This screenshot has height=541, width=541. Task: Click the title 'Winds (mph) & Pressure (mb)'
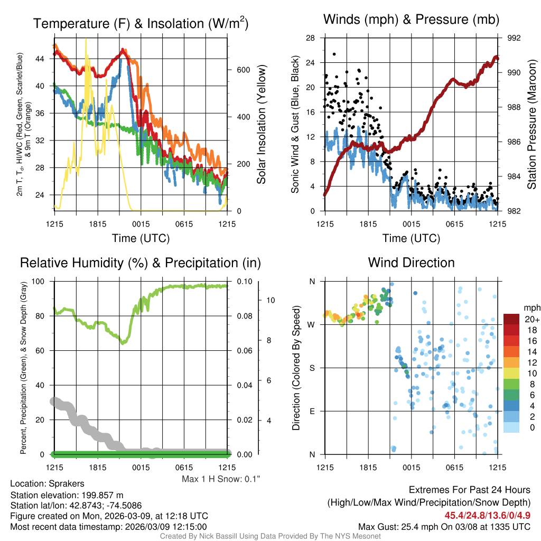pyautogui.click(x=412, y=20)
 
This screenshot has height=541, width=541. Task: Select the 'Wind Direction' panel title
pyautogui.click(x=412, y=263)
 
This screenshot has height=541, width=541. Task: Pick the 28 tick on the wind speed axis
pyautogui.click(x=311, y=38)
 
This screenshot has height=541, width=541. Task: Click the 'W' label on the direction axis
pyautogui.click(x=312, y=324)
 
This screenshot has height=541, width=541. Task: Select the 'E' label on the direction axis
pyautogui.click(x=312, y=411)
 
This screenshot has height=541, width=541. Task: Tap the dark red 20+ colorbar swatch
pyautogui.click(x=512, y=320)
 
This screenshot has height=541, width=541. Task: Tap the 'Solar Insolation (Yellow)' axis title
pyautogui.click(x=261, y=125)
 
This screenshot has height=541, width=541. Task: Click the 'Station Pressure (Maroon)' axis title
pyautogui.click(x=531, y=125)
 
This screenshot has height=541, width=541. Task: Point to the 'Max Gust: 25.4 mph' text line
pyautogui.click(x=444, y=527)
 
